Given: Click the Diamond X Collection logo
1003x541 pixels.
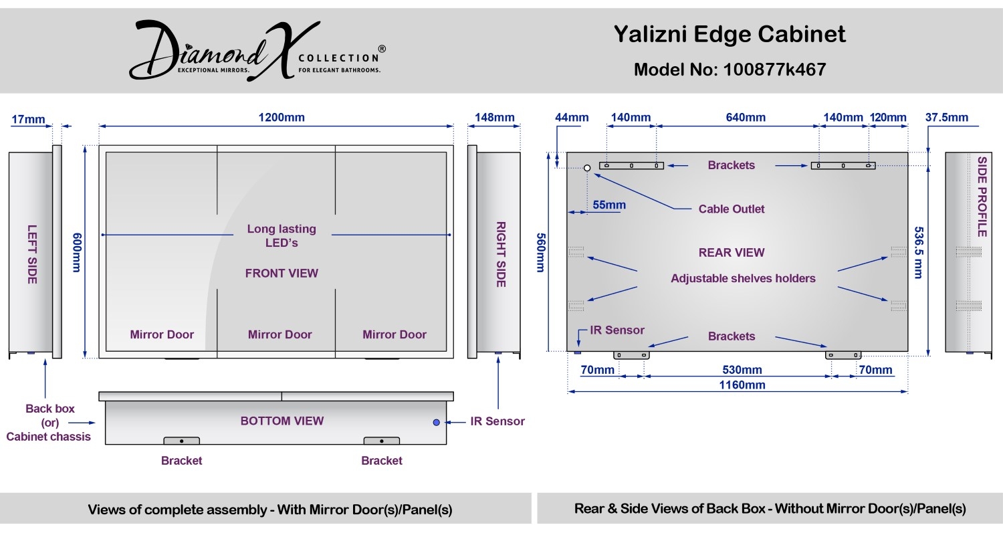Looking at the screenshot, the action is [x=257, y=51].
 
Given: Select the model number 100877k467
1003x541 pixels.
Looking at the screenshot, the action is [x=774, y=70].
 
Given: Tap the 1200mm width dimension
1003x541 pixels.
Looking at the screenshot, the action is [x=282, y=117].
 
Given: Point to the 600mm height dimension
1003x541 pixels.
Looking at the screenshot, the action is [x=77, y=252].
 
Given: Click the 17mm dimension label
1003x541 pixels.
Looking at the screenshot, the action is [x=28, y=120].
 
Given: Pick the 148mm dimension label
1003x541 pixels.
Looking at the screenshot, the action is [x=494, y=117].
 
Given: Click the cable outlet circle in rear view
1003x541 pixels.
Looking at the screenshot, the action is [x=587, y=168].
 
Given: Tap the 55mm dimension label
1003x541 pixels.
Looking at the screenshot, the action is [x=609, y=205].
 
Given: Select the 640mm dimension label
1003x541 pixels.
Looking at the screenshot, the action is [x=746, y=117].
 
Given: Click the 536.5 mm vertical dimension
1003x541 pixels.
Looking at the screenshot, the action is [x=919, y=253].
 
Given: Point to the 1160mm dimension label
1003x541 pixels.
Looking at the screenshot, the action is [x=742, y=385].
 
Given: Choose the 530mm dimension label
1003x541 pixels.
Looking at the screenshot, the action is [x=742, y=370].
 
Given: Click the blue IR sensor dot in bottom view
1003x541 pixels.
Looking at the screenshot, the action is [x=436, y=423].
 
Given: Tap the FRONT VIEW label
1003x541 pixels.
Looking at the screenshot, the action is [x=282, y=274].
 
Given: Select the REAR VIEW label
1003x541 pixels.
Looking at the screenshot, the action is [x=732, y=253].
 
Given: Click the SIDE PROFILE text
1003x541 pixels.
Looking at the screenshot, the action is [x=982, y=197].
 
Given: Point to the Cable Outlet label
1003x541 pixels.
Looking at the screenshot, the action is [x=732, y=209].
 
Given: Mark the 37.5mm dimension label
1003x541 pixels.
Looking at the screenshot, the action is [x=947, y=117].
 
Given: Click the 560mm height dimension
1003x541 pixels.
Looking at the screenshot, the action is [x=540, y=253].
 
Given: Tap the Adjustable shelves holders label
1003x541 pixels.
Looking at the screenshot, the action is [x=744, y=279].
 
